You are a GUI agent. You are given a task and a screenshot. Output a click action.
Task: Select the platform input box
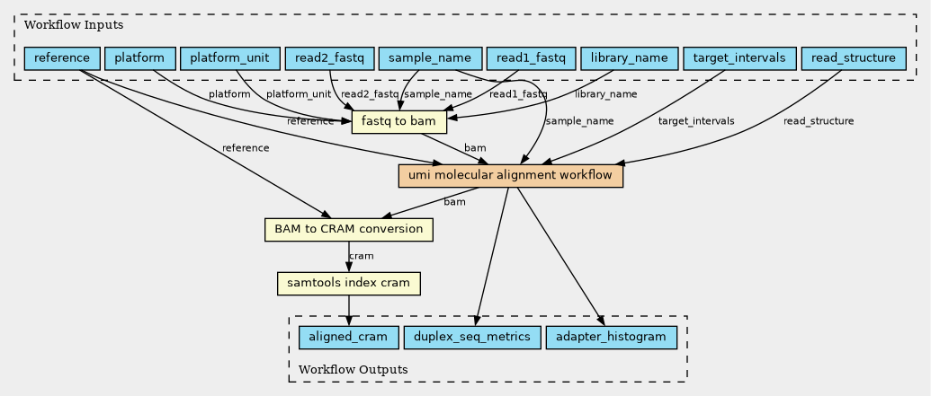(139, 59)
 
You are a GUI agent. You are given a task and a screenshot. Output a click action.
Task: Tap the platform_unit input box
(228, 59)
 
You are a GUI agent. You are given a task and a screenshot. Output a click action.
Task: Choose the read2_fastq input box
(329, 59)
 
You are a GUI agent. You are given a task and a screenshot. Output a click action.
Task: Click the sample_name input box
(429, 59)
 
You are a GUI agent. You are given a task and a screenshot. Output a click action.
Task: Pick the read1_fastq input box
(531, 59)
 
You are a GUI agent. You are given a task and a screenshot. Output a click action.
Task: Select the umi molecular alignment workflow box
(510, 175)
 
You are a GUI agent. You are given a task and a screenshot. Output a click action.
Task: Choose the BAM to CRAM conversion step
(349, 229)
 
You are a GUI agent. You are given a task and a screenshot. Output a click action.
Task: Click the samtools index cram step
(348, 284)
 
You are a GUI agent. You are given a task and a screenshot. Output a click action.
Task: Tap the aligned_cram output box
(348, 338)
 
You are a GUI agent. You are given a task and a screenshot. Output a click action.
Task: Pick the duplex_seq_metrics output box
(472, 338)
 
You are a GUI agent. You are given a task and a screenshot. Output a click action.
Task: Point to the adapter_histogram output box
(611, 338)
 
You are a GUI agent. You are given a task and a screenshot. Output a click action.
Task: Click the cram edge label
(361, 257)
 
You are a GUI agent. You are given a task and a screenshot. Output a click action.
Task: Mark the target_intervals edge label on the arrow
(695, 121)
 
